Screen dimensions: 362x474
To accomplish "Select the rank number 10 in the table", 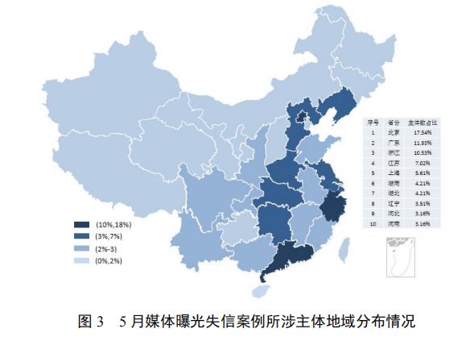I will [373, 224].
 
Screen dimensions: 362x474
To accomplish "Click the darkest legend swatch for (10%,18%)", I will [80, 223].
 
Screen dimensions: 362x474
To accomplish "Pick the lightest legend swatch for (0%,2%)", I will [80, 261].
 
